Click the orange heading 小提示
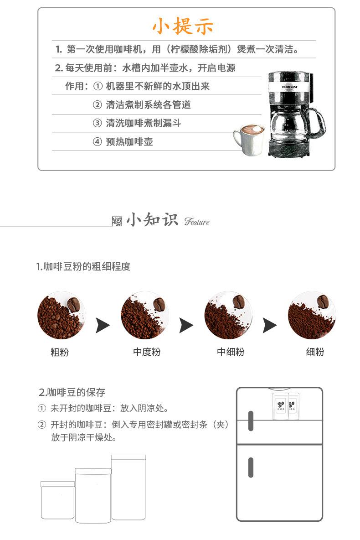click(x=182, y=26)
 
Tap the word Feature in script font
click(x=197, y=222)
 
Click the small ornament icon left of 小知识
click(x=117, y=222)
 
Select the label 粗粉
click(x=60, y=352)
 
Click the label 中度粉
click(x=147, y=352)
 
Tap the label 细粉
click(x=315, y=352)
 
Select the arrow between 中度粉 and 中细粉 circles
click(x=186, y=325)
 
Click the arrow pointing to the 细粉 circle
click(x=270, y=325)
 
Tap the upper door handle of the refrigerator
click(x=251, y=421)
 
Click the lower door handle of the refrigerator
click(x=251, y=467)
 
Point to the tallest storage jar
click(x=129, y=487)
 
